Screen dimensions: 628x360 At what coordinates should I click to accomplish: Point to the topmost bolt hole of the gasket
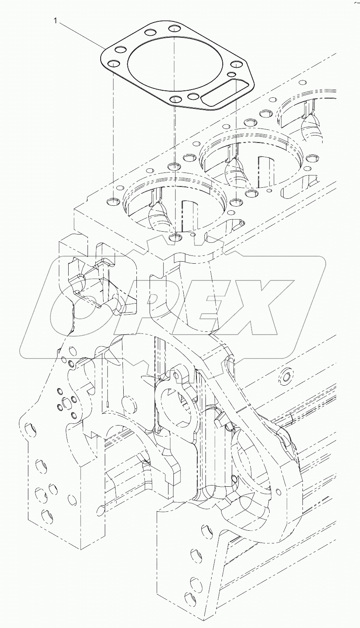(x=175, y=29)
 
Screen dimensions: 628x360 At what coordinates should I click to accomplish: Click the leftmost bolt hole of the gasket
(x=112, y=64)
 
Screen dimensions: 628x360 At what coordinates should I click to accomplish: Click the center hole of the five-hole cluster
(x=65, y=402)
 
